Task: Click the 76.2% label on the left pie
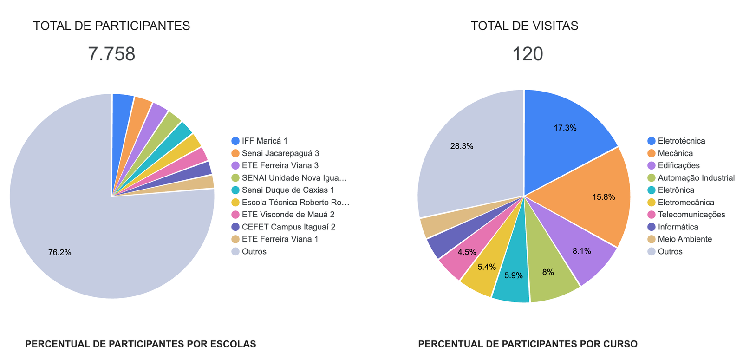(60, 253)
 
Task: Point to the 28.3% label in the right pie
(462, 146)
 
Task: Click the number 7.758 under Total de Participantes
(111, 54)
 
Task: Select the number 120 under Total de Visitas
(528, 54)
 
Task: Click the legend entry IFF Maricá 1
(264, 141)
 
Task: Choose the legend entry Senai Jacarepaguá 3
(280, 153)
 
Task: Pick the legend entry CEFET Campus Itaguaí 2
(288, 227)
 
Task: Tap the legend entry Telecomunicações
(691, 215)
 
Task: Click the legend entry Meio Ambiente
(684, 239)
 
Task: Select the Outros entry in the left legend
(254, 251)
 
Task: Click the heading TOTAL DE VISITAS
(524, 26)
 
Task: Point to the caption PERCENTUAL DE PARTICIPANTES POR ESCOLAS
(140, 344)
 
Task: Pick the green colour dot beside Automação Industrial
(652, 178)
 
